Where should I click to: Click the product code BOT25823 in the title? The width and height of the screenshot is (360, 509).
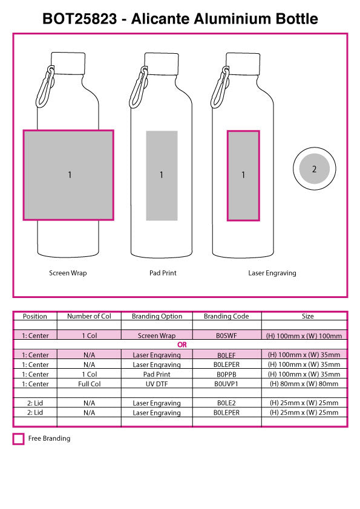point(81,19)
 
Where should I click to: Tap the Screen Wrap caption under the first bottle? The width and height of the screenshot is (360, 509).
point(68,273)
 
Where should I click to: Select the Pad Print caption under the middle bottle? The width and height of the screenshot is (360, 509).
point(163,273)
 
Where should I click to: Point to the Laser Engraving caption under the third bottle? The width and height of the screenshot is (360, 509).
point(272,273)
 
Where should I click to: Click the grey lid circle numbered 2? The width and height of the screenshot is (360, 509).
point(314,169)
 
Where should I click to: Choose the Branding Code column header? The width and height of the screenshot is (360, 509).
point(226,316)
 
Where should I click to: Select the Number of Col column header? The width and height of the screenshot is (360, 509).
point(89,316)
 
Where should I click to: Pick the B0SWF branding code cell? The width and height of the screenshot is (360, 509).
point(226,336)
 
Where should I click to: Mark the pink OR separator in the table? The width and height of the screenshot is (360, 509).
point(182,345)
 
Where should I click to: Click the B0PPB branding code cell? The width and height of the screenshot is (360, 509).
point(226,374)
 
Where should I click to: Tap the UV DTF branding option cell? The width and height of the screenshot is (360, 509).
point(157,384)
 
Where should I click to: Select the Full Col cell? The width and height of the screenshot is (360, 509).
point(89,384)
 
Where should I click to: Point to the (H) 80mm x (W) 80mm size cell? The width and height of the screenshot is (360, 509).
point(304,384)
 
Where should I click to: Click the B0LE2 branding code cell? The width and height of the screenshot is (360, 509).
point(226,403)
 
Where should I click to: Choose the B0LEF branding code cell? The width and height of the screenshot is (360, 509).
point(226,355)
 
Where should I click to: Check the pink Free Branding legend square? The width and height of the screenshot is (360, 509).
point(18,439)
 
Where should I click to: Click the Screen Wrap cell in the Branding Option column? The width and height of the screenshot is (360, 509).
point(157,336)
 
